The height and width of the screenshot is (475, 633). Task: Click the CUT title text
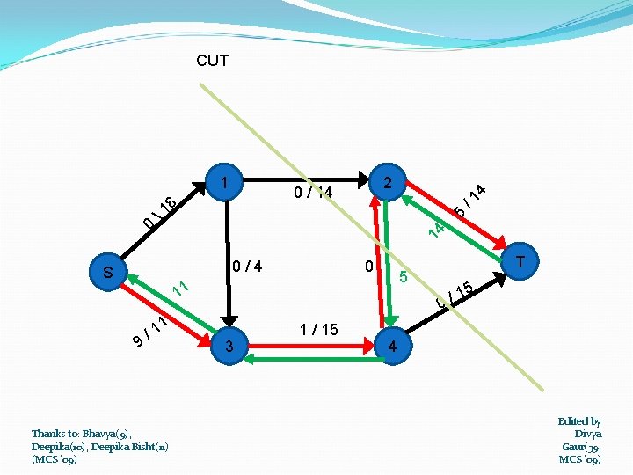(213, 61)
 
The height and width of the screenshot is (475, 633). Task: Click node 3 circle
(229, 347)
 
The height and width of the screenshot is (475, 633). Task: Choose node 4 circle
(392, 347)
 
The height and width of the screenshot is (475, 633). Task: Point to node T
(520, 263)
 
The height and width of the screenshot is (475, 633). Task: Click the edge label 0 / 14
(313, 192)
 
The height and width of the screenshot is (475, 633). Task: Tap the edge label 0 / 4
(246, 265)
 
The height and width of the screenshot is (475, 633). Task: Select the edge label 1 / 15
(318, 330)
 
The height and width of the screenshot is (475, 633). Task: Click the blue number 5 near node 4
(403, 278)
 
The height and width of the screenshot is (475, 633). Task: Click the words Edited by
(579, 421)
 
